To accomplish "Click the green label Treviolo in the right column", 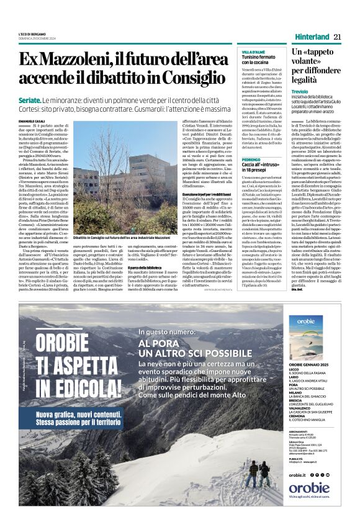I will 300,91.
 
